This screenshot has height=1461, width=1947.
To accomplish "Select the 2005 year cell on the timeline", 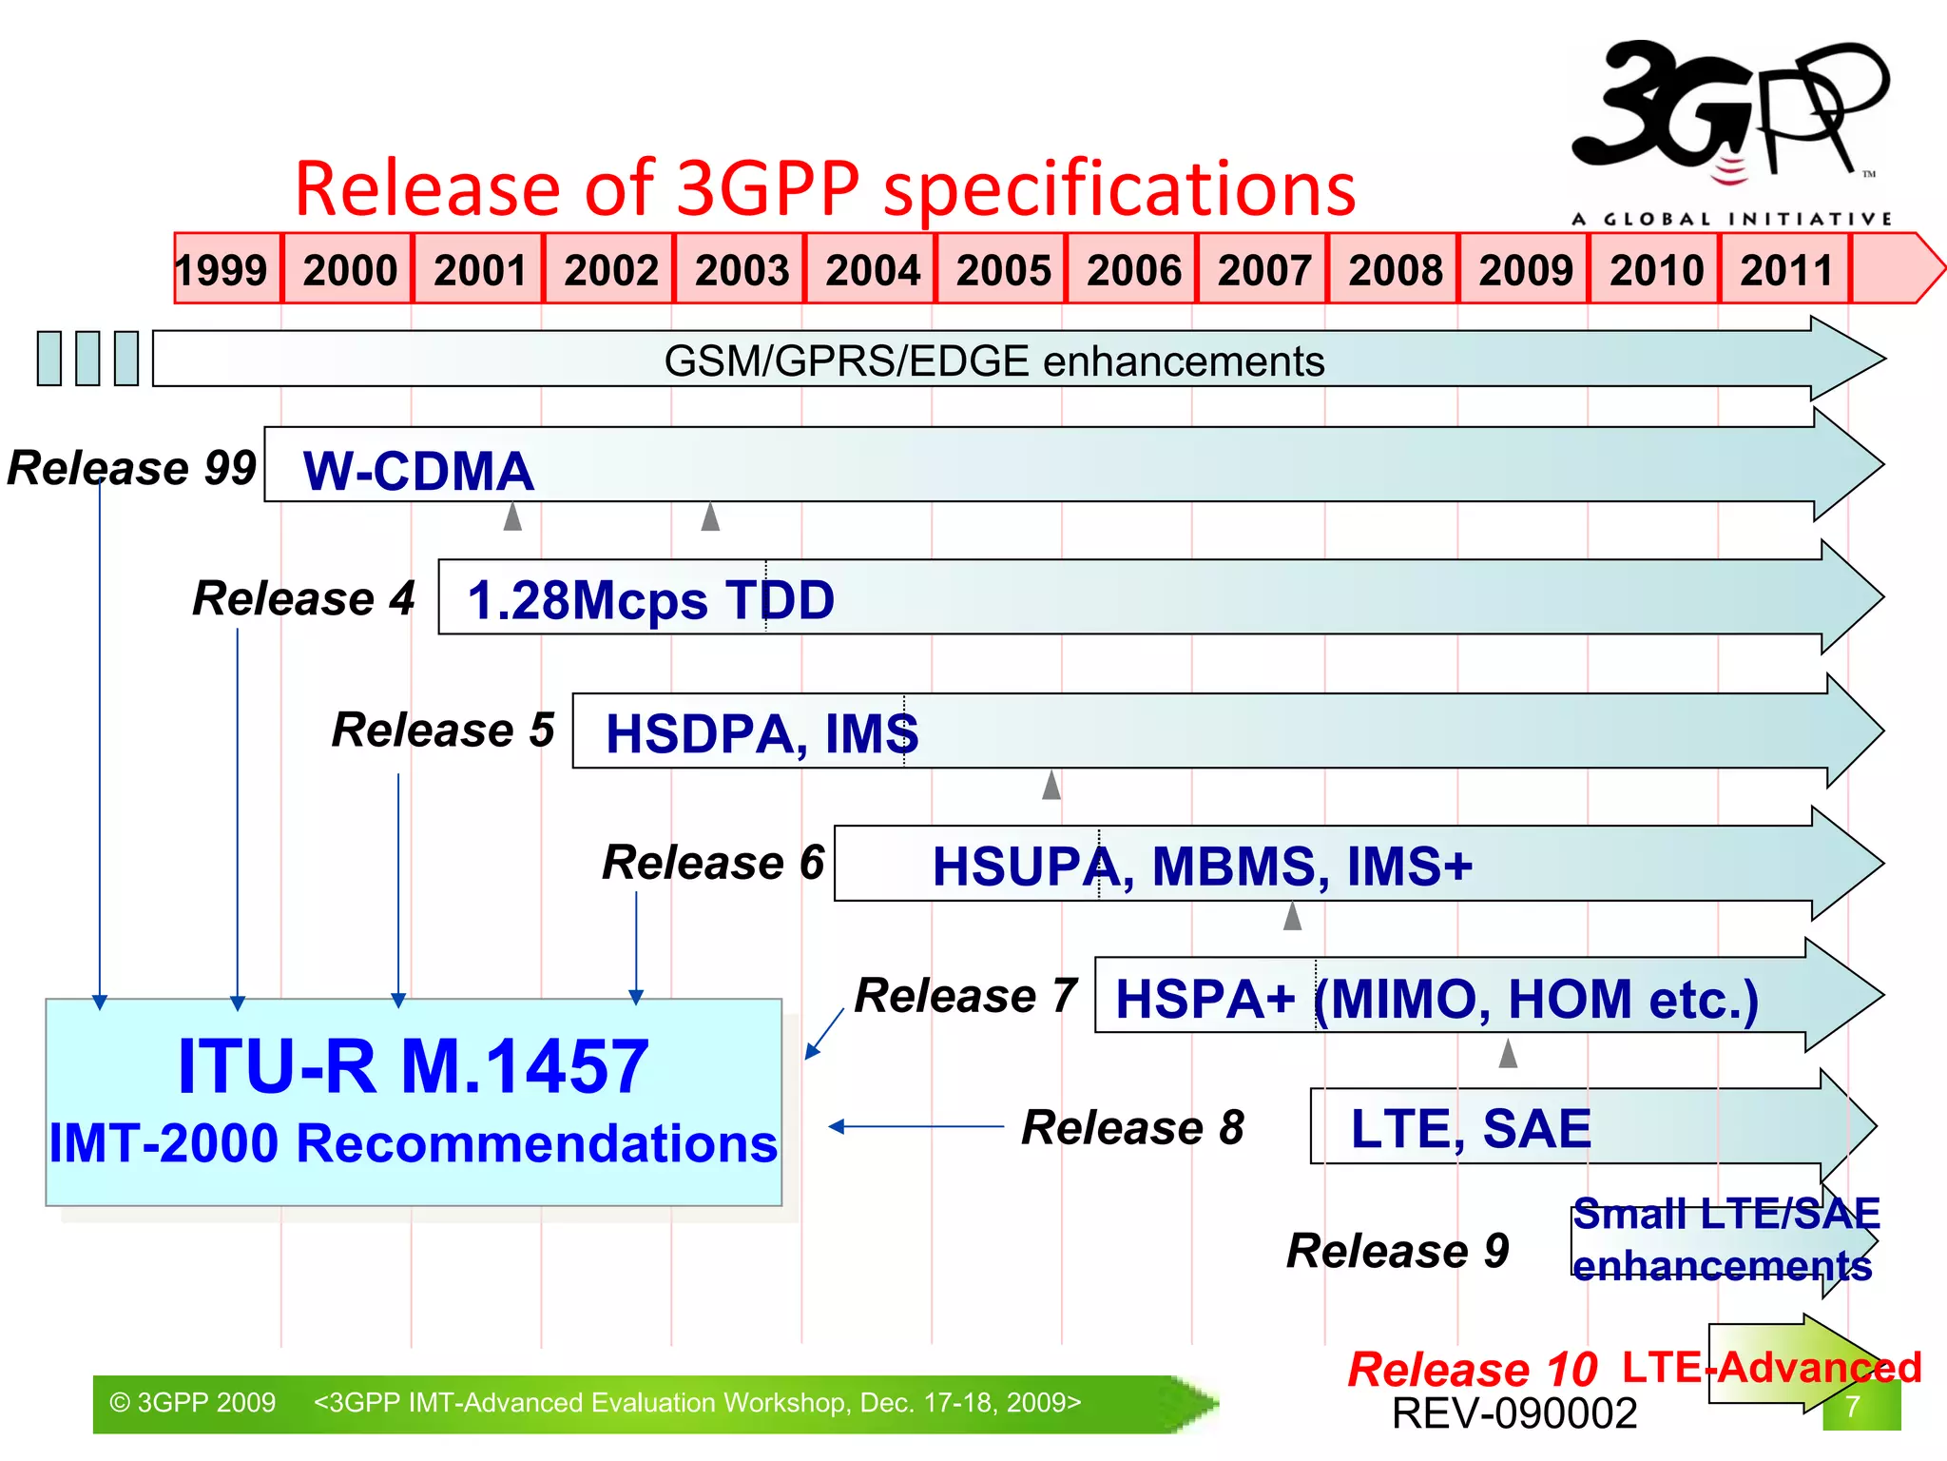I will click(1002, 269).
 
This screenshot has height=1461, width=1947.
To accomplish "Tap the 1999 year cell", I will click(222, 269).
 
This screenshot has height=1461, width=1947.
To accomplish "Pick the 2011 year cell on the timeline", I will click(1785, 269).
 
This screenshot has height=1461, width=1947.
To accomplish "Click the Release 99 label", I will click(131, 468).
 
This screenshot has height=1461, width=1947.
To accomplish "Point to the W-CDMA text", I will click(418, 471).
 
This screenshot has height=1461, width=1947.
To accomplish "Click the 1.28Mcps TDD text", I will click(650, 600).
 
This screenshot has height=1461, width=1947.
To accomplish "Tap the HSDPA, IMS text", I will click(761, 733).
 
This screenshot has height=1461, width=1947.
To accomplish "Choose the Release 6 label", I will click(713, 863).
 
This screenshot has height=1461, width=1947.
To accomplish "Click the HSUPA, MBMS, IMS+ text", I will click(1202, 867).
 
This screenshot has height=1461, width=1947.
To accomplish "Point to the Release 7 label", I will click(966, 996).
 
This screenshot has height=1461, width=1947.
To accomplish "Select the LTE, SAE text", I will click(1471, 1129).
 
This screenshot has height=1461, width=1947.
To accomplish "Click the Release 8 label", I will click(1132, 1128).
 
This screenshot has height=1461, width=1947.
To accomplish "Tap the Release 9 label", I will click(1398, 1251).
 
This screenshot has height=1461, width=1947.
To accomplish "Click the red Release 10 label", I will click(1472, 1370).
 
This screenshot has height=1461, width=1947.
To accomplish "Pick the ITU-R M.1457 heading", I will click(414, 1067).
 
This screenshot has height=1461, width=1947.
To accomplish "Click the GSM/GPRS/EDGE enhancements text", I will click(993, 361).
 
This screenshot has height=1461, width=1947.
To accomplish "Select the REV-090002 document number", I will click(1514, 1413).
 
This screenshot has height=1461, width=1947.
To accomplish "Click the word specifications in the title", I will click(1119, 189).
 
